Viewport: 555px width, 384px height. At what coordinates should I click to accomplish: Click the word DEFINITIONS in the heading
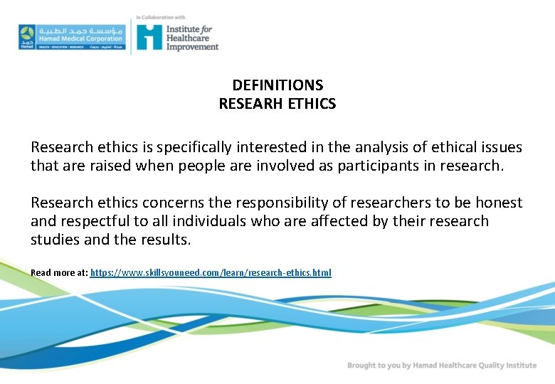click(277, 86)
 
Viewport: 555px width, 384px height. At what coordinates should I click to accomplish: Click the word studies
click(55, 240)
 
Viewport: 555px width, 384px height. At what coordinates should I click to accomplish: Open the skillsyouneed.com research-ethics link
click(211, 273)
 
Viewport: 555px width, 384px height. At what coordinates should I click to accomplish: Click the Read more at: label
click(59, 273)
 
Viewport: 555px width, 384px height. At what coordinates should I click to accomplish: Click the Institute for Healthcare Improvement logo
click(177, 37)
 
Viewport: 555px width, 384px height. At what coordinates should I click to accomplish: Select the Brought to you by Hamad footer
click(442, 366)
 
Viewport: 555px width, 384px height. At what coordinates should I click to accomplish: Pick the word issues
click(499, 148)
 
